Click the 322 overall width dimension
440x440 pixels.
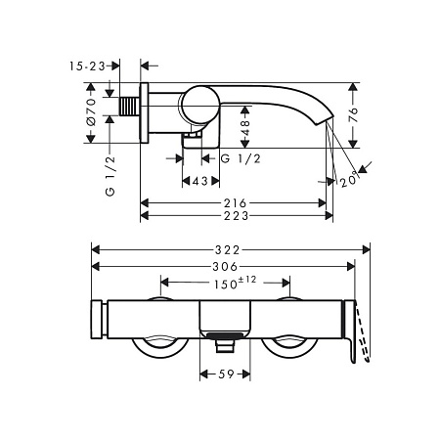(228, 250)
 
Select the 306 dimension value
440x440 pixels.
(225, 267)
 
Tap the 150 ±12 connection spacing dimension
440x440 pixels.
(235, 283)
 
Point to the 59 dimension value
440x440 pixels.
(226, 374)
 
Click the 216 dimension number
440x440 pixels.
(236, 203)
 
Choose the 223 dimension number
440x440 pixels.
(236, 215)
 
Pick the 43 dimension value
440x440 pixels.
(199, 181)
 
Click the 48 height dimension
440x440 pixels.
(245, 128)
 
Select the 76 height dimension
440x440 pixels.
(353, 114)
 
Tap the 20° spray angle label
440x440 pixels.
(349, 180)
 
